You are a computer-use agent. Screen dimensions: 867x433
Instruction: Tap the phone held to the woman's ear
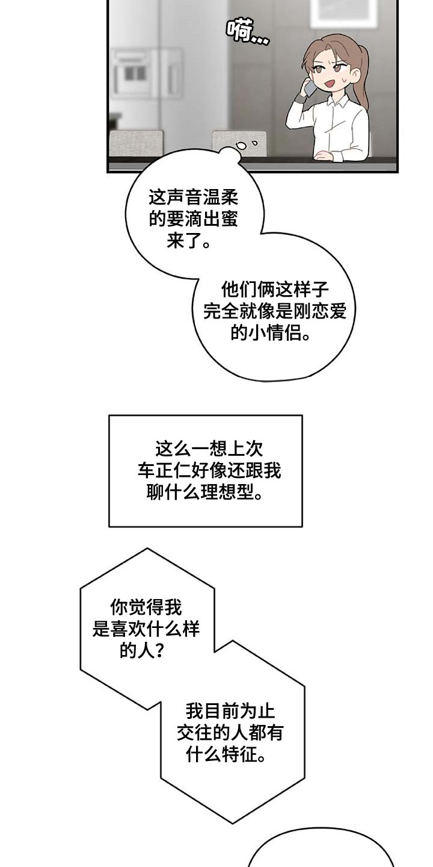[310, 88]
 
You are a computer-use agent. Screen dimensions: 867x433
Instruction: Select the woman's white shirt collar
[334, 106]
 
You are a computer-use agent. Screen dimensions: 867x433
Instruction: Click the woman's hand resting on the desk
[324, 155]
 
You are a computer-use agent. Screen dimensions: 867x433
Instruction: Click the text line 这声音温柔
[193, 197]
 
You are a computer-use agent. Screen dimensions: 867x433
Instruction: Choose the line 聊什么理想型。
[205, 494]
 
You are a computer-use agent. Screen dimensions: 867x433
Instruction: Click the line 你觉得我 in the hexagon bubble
[146, 607]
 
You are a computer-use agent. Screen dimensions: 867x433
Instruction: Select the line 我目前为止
[230, 711]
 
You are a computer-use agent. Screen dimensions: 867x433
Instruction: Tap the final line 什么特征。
[226, 755]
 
